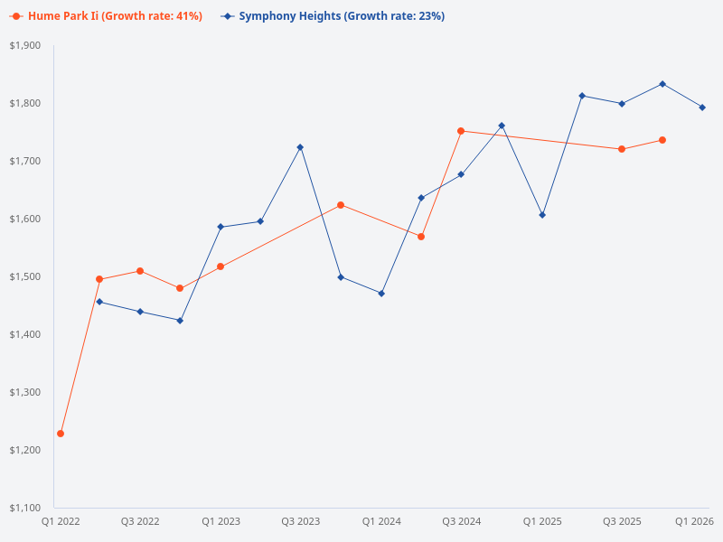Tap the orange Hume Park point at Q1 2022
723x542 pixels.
pos(61,434)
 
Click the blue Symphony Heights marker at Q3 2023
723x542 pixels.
pos(300,147)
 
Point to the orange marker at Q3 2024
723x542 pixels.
pos(461,131)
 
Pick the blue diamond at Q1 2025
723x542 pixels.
pos(542,215)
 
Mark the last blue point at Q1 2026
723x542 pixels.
pos(702,107)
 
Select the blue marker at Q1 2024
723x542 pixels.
pos(381,294)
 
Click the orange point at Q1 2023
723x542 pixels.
pos(221,266)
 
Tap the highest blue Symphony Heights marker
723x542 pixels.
pos(662,84)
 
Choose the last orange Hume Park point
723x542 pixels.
pos(662,140)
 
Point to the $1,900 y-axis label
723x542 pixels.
pos(25,45)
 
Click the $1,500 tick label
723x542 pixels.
pos(25,276)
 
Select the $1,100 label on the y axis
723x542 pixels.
pos(25,508)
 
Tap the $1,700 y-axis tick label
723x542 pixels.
pos(25,161)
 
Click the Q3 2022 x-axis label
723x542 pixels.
pos(140,522)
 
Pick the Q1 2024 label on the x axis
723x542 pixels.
pos(381,522)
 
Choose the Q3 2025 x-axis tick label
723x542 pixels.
pos(622,522)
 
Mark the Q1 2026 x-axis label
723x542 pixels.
pos(695,522)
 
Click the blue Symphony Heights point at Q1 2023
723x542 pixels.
pos(221,227)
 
